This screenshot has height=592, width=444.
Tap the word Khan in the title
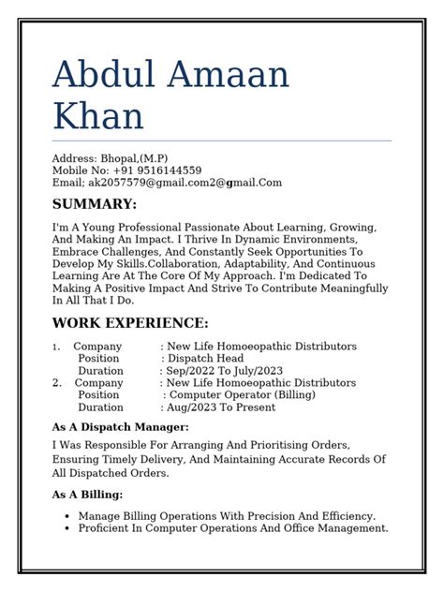(x=98, y=117)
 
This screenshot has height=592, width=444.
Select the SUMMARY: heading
(x=94, y=204)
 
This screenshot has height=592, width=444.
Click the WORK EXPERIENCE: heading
(x=130, y=323)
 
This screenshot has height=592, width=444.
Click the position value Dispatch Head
(x=205, y=359)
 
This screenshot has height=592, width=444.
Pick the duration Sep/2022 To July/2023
(x=224, y=371)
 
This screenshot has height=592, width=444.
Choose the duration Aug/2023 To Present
(x=220, y=407)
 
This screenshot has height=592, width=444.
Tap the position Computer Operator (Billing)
(x=242, y=395)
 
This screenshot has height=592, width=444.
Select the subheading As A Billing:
(x=88, y=495)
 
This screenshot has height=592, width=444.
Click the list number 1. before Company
(x=56, y=347)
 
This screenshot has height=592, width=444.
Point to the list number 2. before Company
(x=57, y=383)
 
